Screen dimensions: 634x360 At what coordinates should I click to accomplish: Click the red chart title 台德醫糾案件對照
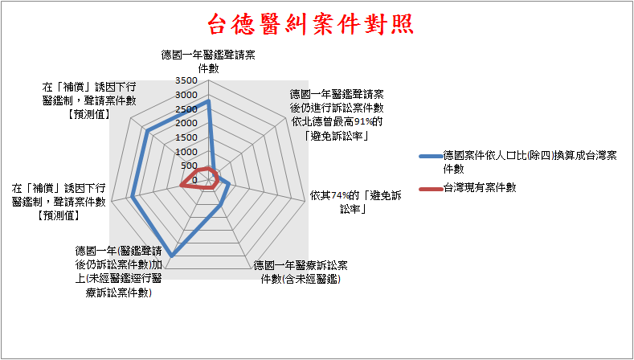(310, 24)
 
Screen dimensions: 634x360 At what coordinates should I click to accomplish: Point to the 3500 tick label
(186, 81)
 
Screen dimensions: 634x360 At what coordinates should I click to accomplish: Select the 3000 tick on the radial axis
(186, 95)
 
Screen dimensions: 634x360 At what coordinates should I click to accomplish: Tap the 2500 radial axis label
(186, 109)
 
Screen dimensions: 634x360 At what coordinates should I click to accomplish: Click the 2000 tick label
(186, 124)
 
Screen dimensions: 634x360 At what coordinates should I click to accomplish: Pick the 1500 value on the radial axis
(186, 137)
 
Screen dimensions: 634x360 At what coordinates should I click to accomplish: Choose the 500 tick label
(189, 166)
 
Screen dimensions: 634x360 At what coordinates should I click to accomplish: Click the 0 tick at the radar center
(195, 181)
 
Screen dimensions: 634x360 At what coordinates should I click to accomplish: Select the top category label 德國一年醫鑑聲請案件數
(208, 62)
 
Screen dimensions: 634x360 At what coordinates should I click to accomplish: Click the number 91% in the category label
(363, 122)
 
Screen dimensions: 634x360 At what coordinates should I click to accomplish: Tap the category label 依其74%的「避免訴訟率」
(355, 202)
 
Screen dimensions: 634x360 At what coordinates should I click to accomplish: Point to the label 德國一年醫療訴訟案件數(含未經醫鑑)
(301, 272)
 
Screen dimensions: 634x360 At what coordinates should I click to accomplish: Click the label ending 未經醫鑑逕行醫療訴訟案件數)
(118, 272)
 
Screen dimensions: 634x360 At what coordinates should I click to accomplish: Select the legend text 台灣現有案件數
(480, 188)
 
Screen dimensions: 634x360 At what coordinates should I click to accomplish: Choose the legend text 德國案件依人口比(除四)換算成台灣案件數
(530, 162)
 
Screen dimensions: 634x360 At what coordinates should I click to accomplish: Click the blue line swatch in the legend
(430, 156)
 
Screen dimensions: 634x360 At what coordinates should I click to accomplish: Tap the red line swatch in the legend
(430, 189)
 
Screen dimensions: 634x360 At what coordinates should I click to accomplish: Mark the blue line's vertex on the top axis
(208, 101)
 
